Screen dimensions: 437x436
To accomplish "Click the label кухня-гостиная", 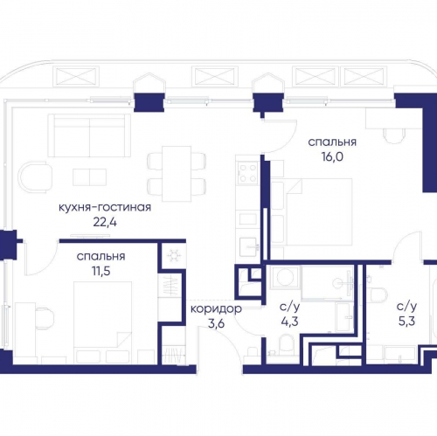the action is [105, 208].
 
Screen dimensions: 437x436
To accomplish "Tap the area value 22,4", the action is [105, 222].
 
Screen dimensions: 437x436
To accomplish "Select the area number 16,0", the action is [332, 156].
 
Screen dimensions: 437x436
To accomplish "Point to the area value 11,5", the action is [101, 271].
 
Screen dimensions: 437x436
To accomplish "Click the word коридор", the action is [216, 309].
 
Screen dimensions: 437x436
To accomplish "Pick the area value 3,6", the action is [216, 323].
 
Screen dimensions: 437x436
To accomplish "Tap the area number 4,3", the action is [289, 322].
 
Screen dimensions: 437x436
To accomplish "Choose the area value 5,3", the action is [406, 322].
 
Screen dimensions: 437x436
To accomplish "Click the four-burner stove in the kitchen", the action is [247, 173].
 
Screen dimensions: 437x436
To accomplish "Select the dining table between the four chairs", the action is [177, 174].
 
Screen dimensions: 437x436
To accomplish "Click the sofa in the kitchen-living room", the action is [89, 135].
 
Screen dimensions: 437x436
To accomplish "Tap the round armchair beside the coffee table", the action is [35, 177].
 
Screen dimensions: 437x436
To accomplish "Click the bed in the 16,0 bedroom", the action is [319, 211].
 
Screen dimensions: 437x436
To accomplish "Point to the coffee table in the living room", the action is [89, 176].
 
